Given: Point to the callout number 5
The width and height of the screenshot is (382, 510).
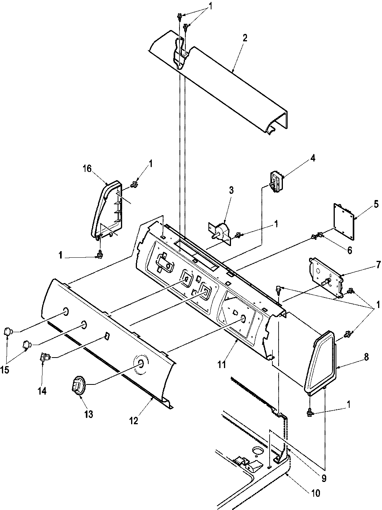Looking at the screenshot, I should point(365,203).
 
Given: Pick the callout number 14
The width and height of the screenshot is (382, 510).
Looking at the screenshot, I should point(42,390).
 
